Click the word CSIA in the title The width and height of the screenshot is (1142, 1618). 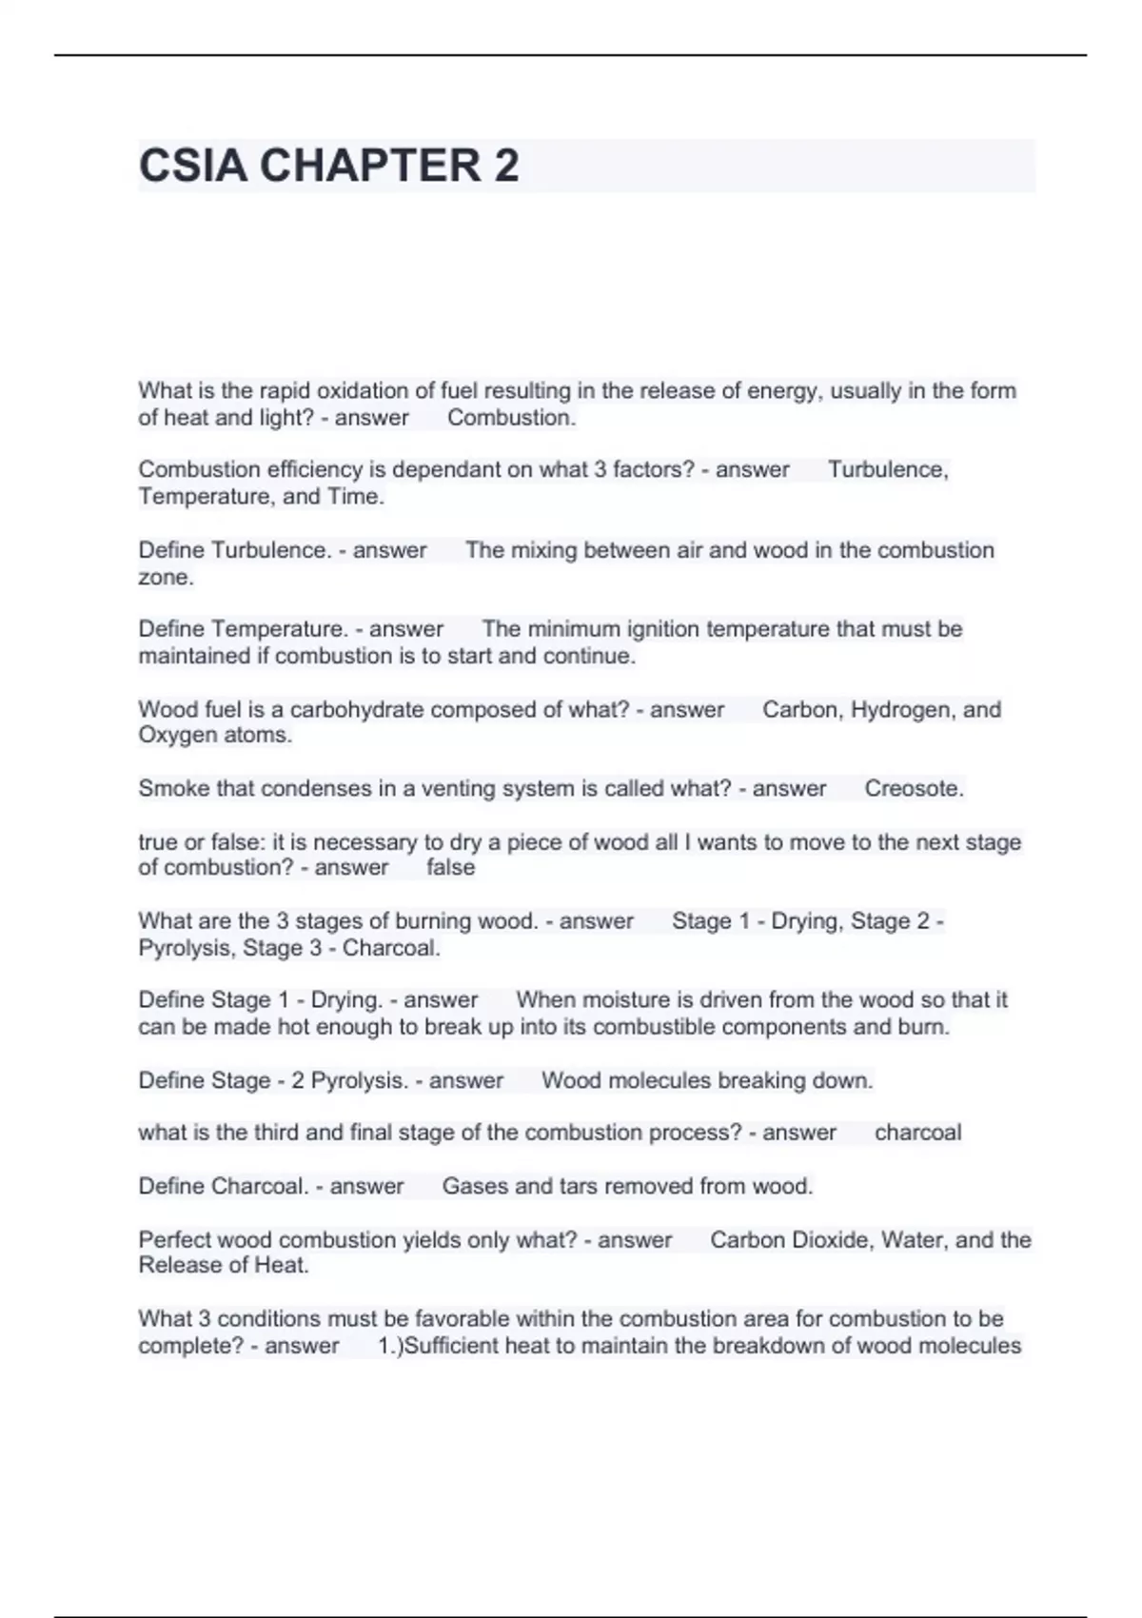pos(193,166)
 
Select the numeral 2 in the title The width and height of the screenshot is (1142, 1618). pos(506,166)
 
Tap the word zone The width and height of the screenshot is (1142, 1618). pos(165,577)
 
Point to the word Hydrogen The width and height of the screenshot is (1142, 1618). pos(899,709)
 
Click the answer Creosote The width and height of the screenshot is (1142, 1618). pos(914,788)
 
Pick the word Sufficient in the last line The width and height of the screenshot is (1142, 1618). pos(452,1346)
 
